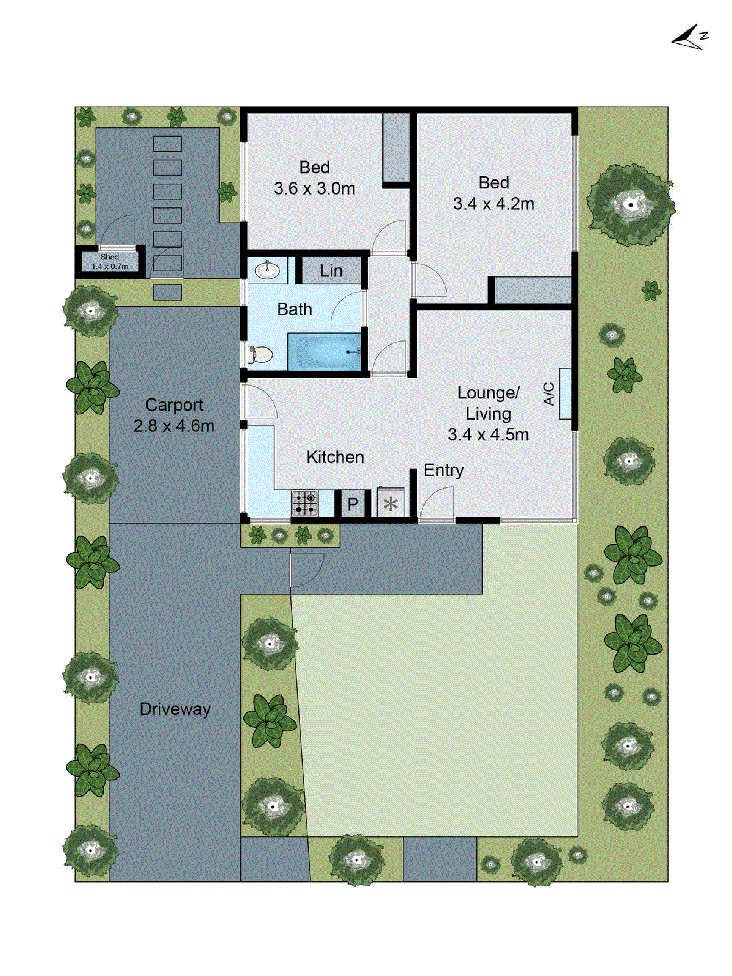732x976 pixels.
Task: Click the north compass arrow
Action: coord(689,38)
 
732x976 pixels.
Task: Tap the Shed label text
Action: coord(110,257)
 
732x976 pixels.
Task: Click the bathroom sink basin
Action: coord(267,270)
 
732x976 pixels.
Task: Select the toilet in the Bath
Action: coord(261,354)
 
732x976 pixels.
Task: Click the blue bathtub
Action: coord(324,351)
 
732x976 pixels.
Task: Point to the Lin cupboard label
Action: coord(331,271)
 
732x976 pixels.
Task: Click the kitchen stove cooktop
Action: coord(305,503)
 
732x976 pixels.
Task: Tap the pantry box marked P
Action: coord(353,504)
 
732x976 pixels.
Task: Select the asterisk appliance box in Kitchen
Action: coord(390,504)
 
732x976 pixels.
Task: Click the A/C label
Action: coord(549,394)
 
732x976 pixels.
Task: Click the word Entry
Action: coord(443,470)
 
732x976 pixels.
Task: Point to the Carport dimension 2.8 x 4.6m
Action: coord(174,426)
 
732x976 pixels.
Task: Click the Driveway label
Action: coord(175,709)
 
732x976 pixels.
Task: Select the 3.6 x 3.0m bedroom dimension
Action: coord(314,188)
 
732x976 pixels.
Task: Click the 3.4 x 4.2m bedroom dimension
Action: coord(493,204)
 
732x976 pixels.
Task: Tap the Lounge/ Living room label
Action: coord(488,403)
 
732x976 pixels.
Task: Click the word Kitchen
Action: coord(335,457)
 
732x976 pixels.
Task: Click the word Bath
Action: coord(295,309)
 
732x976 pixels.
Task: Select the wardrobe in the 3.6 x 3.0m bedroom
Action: coord(397,148)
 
